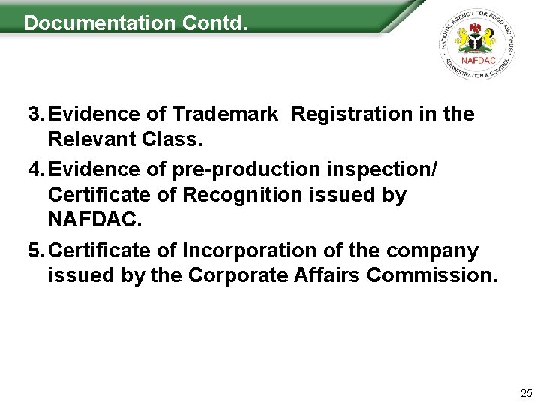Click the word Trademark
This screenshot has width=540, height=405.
point(225,114)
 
